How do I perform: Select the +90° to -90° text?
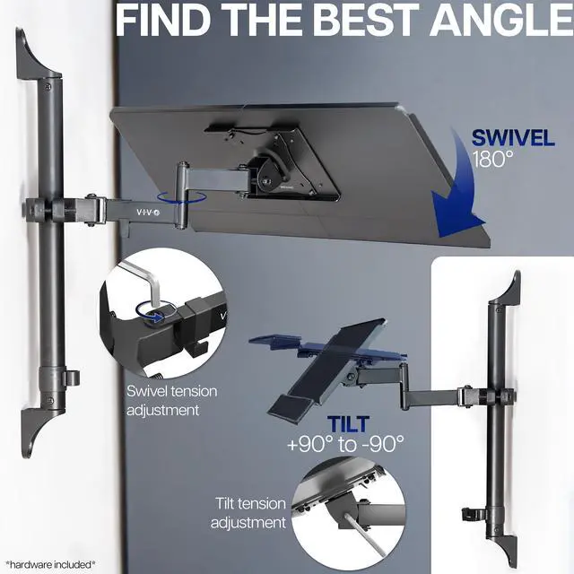(345, 443)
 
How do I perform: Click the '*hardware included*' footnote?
(50, 564)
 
